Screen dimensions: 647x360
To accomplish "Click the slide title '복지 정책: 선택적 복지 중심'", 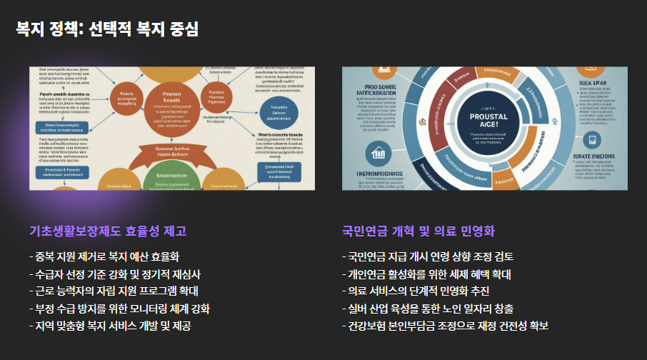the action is (x=108, y=29).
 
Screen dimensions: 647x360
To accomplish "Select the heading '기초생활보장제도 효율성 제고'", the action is (x=108, y=231).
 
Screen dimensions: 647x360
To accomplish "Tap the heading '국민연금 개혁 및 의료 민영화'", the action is (x=419, y=231).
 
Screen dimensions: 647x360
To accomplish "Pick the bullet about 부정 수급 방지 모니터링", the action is (x=119, y=309).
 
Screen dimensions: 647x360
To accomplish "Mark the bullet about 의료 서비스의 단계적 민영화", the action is (x=418, y=291).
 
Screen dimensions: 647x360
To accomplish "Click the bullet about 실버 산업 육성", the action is (x=428, y=309).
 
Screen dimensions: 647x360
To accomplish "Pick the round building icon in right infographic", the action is (x=377, y=152).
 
